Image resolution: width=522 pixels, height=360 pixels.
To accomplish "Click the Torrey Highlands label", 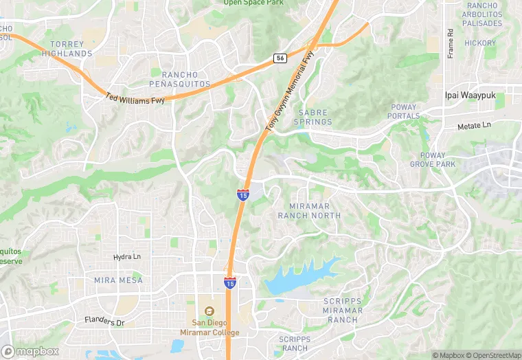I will coord(67,49).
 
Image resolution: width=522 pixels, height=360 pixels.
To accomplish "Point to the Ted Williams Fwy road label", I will coord(135,100).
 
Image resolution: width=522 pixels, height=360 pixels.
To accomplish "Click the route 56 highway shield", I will coord(279,59).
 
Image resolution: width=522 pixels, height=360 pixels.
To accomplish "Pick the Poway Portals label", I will coord(404,111).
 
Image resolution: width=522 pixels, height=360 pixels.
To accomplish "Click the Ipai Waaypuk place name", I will coord(475,95).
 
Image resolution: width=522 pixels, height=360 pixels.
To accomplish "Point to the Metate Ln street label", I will coord(475,126).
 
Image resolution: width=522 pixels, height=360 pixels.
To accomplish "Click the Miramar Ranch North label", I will coord(308,211).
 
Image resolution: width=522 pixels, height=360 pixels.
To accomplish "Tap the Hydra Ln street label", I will coord(126,257).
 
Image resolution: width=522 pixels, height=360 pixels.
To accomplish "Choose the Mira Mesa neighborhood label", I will coord(118,280).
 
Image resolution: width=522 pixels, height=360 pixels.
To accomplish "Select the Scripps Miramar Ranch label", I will coord(343,311).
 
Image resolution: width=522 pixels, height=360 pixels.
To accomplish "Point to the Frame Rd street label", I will coord(451,43).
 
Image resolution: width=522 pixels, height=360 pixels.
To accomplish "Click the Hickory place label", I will coord(479,43).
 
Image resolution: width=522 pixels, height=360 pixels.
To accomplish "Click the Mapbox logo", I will coord(30,351).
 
